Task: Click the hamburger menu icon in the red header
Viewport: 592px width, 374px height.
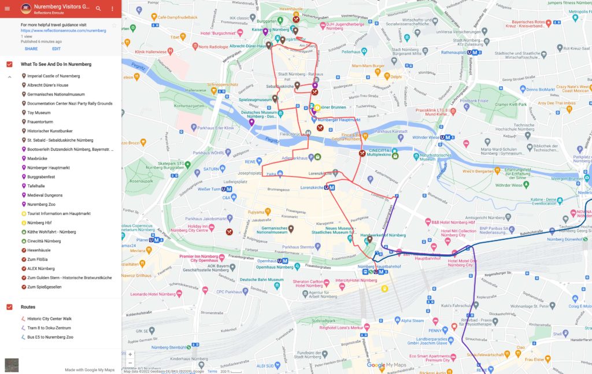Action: tap(8, 9)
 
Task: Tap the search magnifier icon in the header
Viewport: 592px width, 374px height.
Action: tap(98, 9)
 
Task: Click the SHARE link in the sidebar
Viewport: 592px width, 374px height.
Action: tap(31, 49)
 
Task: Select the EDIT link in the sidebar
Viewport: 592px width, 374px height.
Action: tap(56, 49)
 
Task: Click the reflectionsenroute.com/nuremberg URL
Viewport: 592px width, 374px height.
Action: tap(64, 30)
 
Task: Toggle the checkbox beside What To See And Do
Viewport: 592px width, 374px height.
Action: tap(9, 64)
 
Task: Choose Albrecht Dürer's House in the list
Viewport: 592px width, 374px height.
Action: tap(47, 85)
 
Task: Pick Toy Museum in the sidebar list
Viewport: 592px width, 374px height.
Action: tap(39, 113)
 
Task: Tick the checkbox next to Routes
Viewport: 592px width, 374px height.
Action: tap(9, 307)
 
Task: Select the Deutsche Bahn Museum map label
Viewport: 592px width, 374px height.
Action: tap(262, 280)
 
